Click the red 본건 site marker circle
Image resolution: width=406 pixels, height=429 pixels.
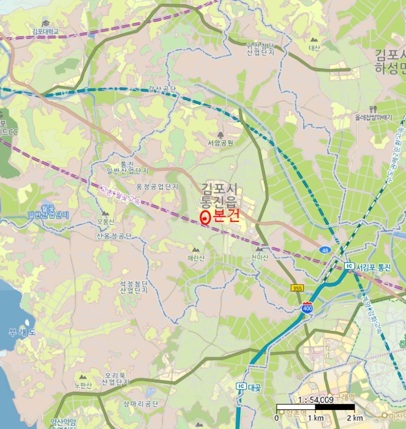point(205,216)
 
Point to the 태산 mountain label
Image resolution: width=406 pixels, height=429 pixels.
point(314,47)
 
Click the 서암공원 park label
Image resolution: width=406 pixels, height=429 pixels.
point(220,143)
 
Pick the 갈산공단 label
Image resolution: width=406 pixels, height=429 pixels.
point(162,89)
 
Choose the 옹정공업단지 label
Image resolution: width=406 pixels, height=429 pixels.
point(156,186)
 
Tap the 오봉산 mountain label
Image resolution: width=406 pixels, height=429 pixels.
point(105,222)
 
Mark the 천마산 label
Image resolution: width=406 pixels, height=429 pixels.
point(260,257)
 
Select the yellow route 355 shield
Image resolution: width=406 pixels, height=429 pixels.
point(297,288)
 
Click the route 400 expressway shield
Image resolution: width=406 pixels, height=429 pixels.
point(306,308)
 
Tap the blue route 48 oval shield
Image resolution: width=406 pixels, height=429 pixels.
point(324,249)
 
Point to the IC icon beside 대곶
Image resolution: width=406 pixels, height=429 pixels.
point(241,387)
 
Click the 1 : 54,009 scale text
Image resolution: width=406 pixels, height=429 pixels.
point(315,400)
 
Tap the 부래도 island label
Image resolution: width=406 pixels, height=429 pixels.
point(22,332)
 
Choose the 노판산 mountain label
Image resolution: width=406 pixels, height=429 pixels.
point(83,385)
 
